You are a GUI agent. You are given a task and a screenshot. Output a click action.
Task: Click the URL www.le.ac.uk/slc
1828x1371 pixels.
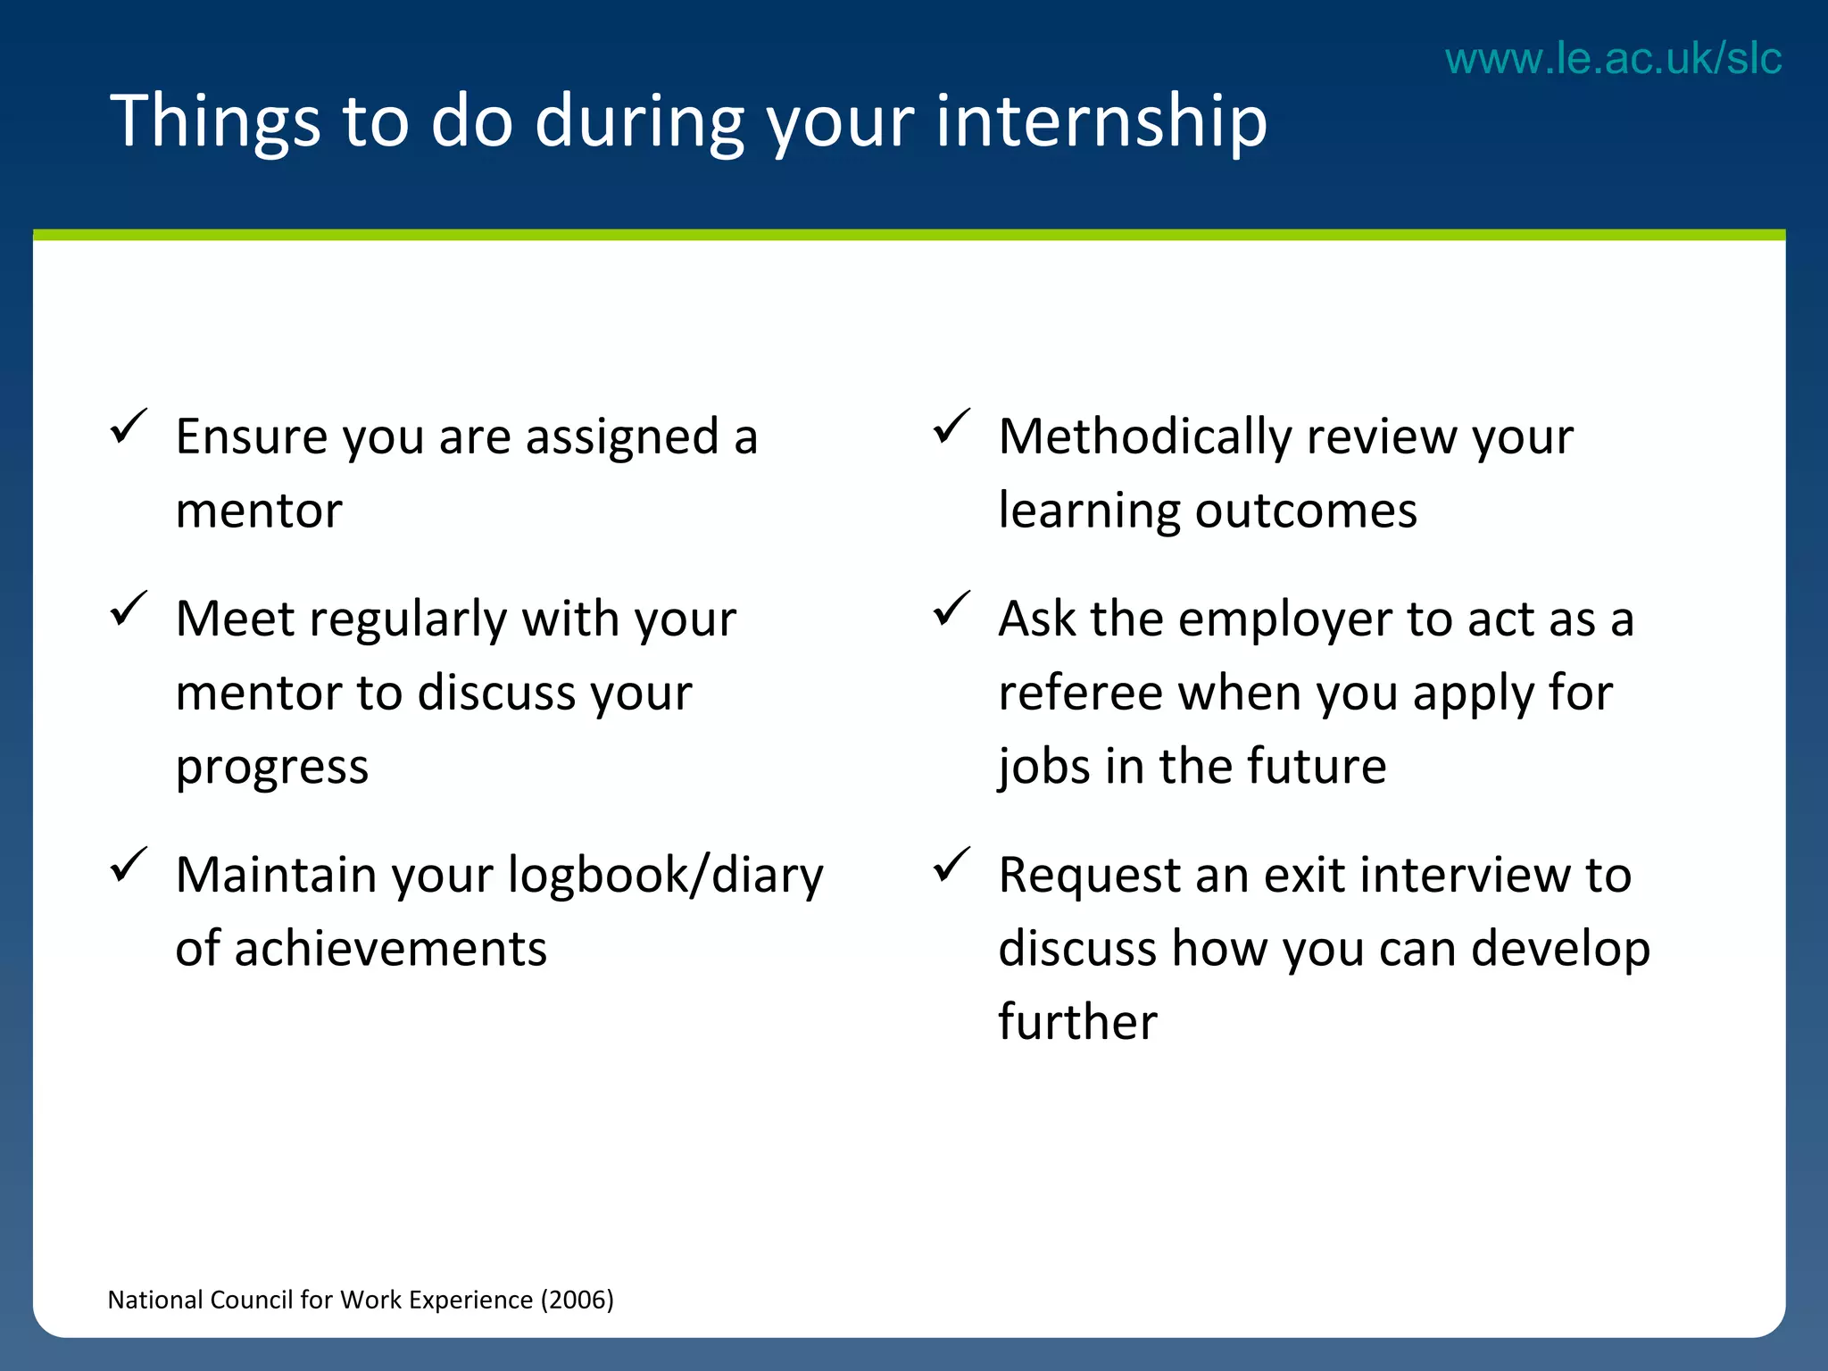coord(1613,59)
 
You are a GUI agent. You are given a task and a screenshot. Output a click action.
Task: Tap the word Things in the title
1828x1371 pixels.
coord(214,120)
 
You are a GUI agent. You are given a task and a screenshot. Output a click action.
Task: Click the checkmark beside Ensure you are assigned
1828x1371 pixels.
coord(129,428)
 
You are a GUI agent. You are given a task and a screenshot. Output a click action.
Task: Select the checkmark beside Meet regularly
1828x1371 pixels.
coord(129,610)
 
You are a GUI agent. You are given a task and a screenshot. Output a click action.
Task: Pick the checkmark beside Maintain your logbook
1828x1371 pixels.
coord(129,865)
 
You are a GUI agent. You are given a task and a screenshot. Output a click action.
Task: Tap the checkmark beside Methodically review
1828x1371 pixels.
coord(951,428)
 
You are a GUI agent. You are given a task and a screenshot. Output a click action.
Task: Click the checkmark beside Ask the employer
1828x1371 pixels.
coord(951,610)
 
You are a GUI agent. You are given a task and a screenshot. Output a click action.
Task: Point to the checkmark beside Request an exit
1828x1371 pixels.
coord(951,865)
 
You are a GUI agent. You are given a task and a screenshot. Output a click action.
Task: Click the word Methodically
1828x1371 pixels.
coord(1145,437)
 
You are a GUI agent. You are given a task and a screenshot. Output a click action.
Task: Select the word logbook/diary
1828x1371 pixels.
coord(665,876)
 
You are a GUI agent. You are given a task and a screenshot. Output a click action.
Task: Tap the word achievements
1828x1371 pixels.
coord(390,948)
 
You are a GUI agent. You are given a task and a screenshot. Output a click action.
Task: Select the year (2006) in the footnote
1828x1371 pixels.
coord(577,1300)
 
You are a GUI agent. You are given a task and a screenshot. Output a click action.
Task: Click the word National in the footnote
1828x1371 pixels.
coord(154,1300)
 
